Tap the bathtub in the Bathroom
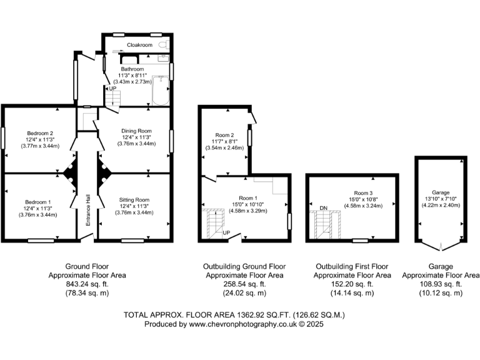(x=161, y=90)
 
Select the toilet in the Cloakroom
(x=163, y=46)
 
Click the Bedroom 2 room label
(x=39, y=132)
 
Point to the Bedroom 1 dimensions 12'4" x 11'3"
(x=38, y=208)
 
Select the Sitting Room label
(x=134, y=199)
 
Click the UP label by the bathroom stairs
(x=112, y=89)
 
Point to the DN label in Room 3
(x=323, y=207)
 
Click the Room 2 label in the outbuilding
(x=225, y=135)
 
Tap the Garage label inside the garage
(x=440, y=192)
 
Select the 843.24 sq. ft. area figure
(x=87, y=283)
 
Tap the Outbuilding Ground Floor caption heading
(x=244, y=266)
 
